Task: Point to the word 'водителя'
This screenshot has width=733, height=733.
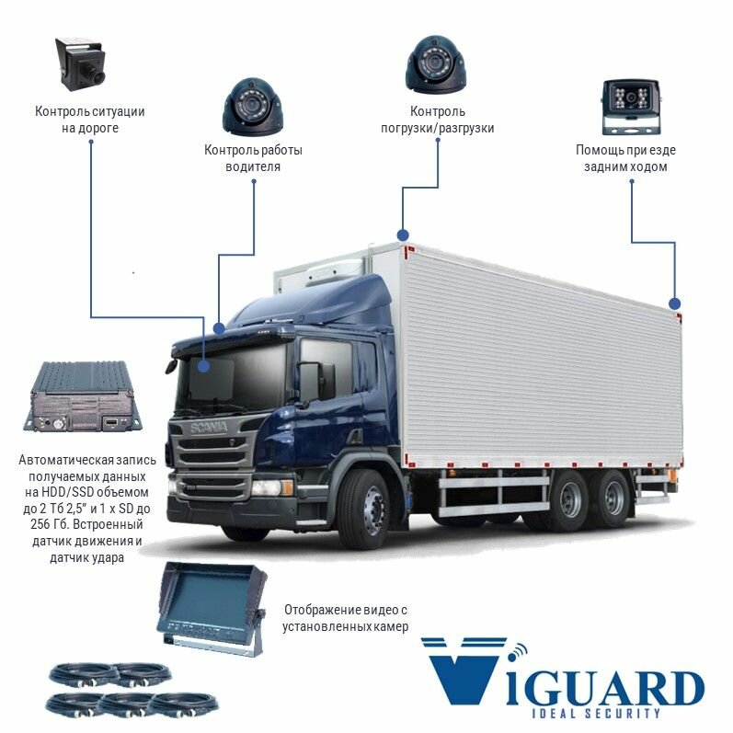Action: [x=253, y=167]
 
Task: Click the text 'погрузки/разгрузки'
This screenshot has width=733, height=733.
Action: [x=437, y=129]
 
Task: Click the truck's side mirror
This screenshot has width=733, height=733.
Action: [x=310, y=382]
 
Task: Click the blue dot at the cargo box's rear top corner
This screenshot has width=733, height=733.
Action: [x=674, y=303]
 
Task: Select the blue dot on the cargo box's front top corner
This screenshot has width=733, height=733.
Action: [x=401, y=235]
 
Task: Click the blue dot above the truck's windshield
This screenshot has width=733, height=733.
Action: [x=219, y=327]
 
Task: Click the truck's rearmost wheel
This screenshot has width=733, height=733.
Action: [x=614, y=498]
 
